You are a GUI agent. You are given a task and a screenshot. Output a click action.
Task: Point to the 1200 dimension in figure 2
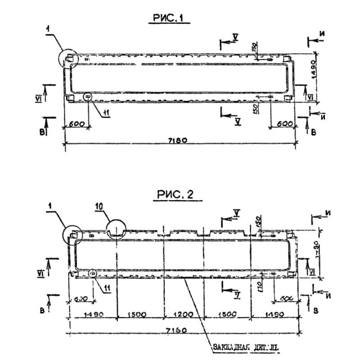click(183, 315)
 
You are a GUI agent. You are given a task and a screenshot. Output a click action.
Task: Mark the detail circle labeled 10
click(117, 229)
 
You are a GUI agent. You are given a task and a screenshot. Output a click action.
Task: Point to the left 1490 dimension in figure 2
click(94, 315)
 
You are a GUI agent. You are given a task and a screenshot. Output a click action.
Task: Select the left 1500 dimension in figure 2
click(139, 315)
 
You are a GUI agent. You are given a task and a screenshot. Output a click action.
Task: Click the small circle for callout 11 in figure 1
click(87, 96)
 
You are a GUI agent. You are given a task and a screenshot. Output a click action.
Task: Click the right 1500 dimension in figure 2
click(227, 315)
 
